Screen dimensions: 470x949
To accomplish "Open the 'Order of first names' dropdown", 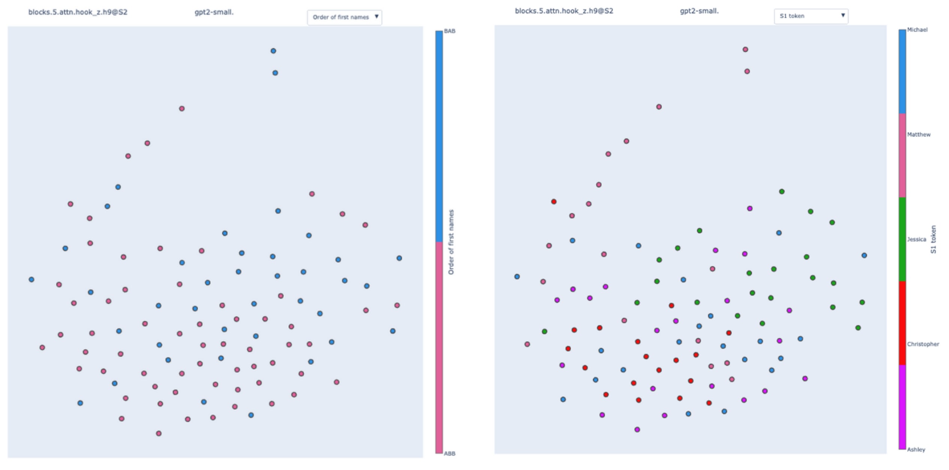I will pos(344,17).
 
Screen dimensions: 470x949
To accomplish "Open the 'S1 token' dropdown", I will pos(811,16).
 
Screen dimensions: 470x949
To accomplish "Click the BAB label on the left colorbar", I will pos(449,31).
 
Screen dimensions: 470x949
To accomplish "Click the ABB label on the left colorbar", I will pos(449,454).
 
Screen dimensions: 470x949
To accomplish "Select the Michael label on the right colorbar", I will pos(917,30).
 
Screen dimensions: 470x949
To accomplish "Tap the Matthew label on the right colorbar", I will pos(919,135).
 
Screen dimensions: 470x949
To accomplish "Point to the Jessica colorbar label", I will pos(916,239).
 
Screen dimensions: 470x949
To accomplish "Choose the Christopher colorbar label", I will pos(923,344).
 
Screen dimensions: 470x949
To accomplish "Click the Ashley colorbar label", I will pos(916,449).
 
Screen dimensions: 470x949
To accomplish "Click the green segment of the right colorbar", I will pos(903,239).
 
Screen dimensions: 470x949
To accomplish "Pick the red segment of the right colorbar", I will pos(903,323).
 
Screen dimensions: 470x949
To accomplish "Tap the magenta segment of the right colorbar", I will pos(903,407).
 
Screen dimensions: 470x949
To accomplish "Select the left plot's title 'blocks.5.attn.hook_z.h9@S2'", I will pos(78,12).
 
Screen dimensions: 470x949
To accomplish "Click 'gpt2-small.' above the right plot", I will pos(699,11).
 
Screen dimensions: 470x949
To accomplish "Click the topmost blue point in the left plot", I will pos(273,51).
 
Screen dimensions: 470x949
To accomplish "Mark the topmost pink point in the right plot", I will pos(745,49).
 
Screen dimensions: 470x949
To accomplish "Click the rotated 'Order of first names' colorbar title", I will pos(451,242).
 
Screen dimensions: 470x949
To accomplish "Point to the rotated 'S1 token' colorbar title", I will pos(933,239).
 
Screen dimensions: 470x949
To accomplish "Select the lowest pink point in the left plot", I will pos(159,433).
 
